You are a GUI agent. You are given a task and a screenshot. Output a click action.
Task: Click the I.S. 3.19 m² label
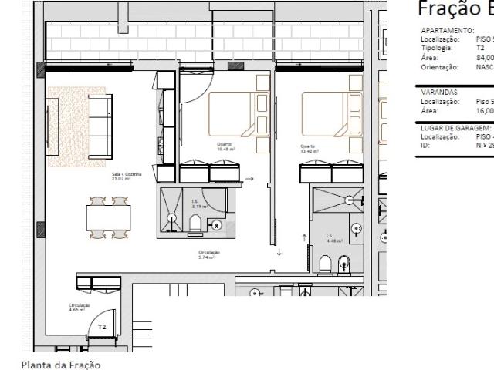pos(199,205)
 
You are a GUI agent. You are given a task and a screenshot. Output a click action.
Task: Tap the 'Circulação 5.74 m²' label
pos(209,254)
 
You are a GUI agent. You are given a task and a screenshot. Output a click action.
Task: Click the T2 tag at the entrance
pos(102,327)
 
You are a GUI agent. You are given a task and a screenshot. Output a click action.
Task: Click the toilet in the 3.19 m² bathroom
pos(195,224)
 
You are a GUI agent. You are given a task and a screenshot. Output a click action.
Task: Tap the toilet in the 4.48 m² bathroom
pos(343,263)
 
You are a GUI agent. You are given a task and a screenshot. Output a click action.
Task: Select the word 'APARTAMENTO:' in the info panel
pos(445,30)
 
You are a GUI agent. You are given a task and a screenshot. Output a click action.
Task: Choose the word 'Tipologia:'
pos(437,47)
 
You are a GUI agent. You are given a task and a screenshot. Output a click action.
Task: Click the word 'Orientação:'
pos(440,67)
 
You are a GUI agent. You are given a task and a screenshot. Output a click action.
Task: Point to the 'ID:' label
pos(425,144)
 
